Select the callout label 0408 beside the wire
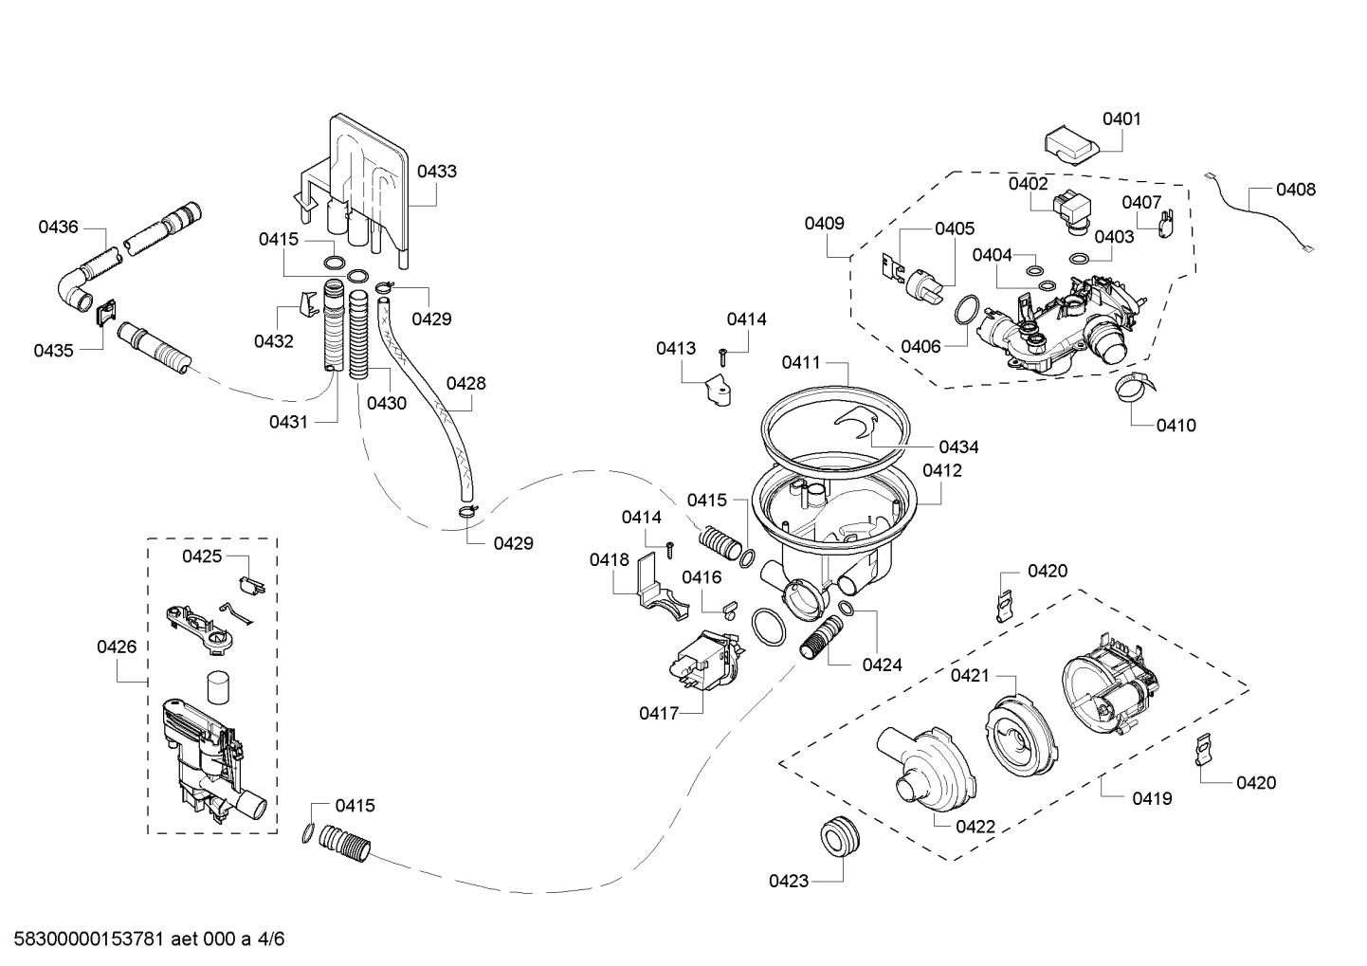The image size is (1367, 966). (1295, 190)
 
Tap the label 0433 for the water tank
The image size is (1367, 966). (436, 172)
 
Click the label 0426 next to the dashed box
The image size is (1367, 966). (117, 647)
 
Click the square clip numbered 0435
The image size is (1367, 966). (106, 309)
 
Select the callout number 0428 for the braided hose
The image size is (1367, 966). (465, 384)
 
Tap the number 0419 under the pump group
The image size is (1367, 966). (1152, 799)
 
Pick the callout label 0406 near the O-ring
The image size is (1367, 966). (920, 347)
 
